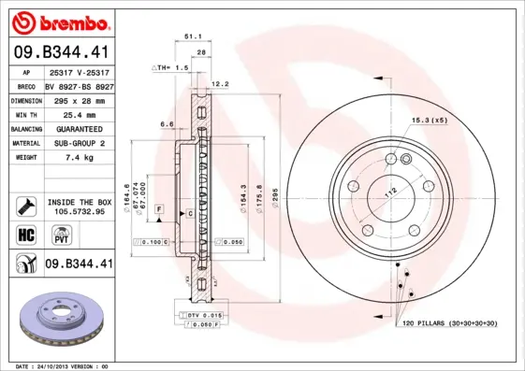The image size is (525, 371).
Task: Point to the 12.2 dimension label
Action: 220,84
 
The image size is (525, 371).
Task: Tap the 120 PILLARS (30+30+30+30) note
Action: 450,322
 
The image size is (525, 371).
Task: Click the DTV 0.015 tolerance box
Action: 199,317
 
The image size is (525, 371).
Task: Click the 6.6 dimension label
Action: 167,123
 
